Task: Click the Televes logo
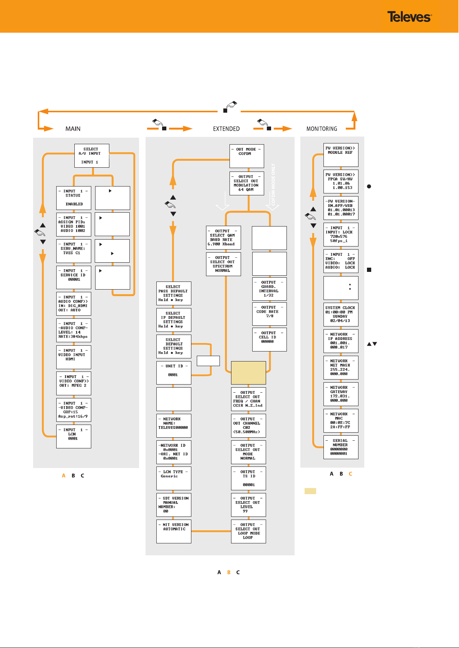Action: (x=409, y=17)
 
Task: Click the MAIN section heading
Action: (x=73, y=129)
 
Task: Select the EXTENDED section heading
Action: (x=226, y=129)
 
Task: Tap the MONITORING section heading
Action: (x=322, y=129)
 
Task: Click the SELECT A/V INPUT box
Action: (x=92, y=156)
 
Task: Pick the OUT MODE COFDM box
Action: (x=247, y=156)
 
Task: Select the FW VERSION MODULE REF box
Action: (x=341, y=155)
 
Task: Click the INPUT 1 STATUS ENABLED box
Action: (x=74, y=198)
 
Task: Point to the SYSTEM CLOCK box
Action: (x=341, y=315)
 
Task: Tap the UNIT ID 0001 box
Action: (x=174, y=373)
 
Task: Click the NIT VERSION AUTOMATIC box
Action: (x=174, y=531)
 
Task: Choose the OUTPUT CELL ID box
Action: (x=269, y=339)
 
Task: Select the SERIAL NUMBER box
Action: (x=341, y=447)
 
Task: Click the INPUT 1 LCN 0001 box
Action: (x=74, y=436)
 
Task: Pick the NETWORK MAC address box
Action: (x=341, y=421)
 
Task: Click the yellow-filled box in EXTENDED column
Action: (x=248, y=373)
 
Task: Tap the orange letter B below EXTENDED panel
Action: (x=229, y=572)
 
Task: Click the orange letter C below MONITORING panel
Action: (x=350, y=473)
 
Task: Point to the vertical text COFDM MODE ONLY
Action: (x=273, y=185)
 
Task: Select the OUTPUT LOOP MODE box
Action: (x=248, y=531)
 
